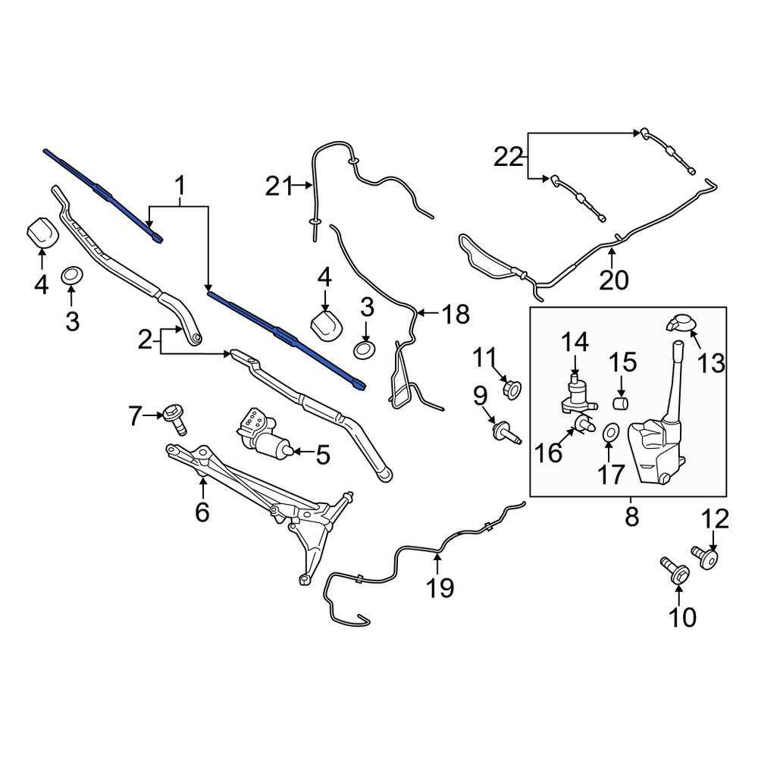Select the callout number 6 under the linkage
(x=202, y=512)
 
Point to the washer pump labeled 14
(x=576, y=394)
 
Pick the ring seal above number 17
(x=611, y=431)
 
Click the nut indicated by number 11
(x=512, y=388)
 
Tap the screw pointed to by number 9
(x=506, y=432)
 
